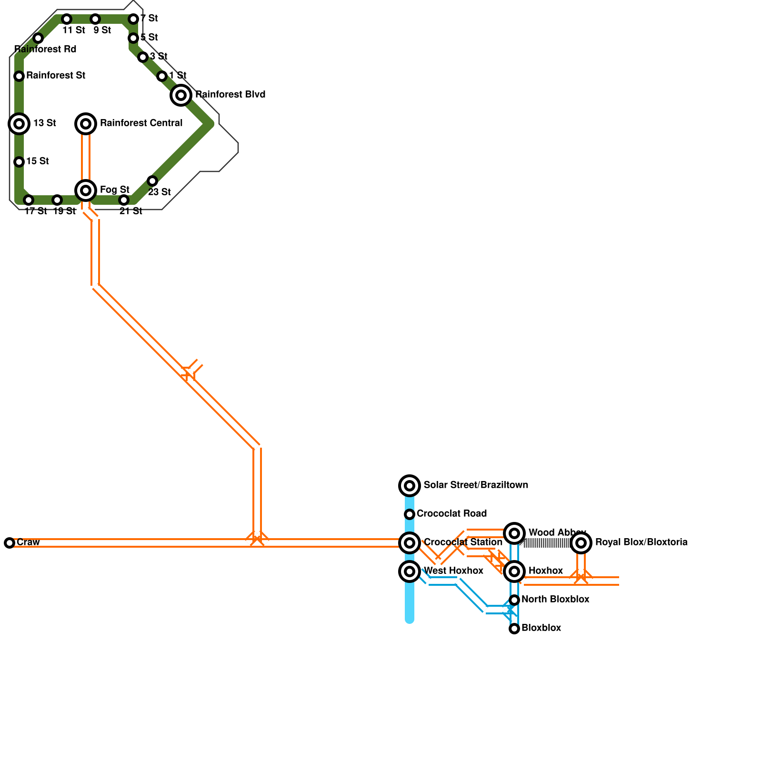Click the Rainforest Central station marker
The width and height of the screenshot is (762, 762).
pyautogui.click(x=86, y=124)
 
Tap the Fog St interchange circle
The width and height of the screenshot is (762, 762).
pyautogui.click(x=86, y=190)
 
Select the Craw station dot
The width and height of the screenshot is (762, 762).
pyautogui.click(x=10, y=543)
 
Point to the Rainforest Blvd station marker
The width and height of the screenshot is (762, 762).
pyautogui.click(x=181, y=95)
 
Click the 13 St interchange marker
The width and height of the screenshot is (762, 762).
pyautogui.click(x=19, y=124)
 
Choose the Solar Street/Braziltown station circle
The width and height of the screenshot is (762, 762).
pyautogui.click(x=410, y=486)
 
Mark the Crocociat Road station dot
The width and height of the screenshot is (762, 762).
pyautogui.click(x=410, y=514)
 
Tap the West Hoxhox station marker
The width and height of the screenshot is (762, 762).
pyautogui.click(x=410, y=571)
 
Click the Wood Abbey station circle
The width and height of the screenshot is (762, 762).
pyautogui.click(x=514, y=533)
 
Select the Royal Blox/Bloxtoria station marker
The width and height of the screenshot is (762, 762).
pyautogui.click(x=581, y=543)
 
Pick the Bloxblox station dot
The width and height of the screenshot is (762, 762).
pyautogui.click(x=514, y=629)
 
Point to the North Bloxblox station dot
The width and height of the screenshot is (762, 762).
pyautogui.click(x=514, y=600)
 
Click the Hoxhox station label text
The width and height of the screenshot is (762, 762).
pyautogui.click(x=545, y=571)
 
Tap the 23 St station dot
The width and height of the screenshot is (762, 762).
pyautogui.click(x=152, y=181)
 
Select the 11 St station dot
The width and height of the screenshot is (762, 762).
pyautogui.click(x=67, y=19)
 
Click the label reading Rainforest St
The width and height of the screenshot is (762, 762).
pyautogui.click(x=56, y=75)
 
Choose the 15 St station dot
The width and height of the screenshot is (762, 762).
pyautogui.click(x=19, y=162)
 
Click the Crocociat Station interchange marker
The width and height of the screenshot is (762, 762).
pyautogui.click(x=410, y=543)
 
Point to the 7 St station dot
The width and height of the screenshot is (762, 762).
pyautogui.click(x=133, y=19)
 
